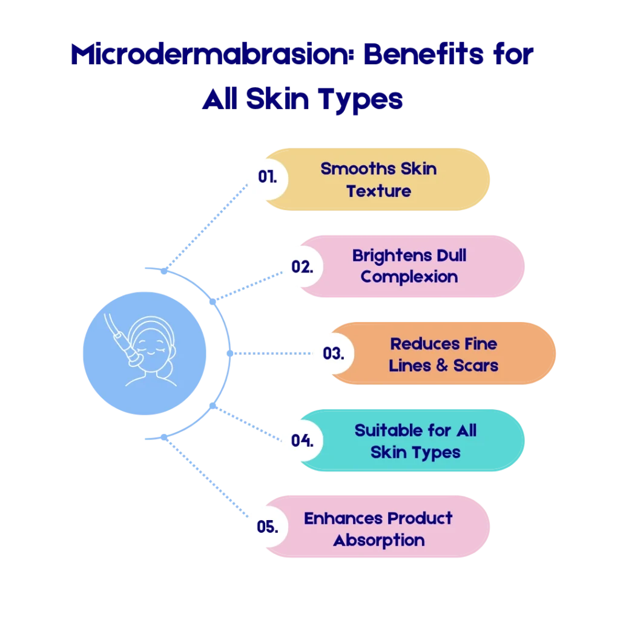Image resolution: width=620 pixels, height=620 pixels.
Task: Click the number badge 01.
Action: tap(266, 177)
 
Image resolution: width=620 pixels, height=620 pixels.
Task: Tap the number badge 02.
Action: tap(302, 266)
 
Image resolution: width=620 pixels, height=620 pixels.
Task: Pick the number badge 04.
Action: tap(302, 440)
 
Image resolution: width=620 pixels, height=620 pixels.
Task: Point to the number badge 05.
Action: tap(267, 526)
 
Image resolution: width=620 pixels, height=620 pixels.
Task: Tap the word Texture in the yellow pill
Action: tap(378, 191)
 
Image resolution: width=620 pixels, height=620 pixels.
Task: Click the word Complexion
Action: tap(409, 277)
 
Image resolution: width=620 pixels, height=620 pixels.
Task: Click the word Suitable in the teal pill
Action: tap(384, 430)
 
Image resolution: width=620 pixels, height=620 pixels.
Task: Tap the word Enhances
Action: tap(343, 518)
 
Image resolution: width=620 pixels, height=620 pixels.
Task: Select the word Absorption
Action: tap(379, 540)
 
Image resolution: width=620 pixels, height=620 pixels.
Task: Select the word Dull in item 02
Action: tap(450, 255)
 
